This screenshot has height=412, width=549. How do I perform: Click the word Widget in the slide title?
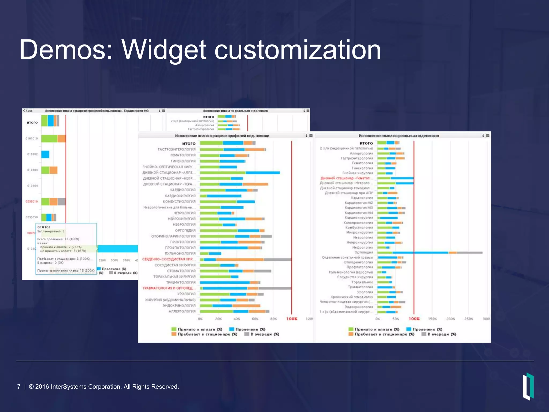point(164,50)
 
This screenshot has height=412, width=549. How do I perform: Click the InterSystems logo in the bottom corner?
point(528,386)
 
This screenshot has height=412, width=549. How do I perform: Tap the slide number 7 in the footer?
point(19,387)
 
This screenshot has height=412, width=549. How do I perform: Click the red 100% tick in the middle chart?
point(292,319)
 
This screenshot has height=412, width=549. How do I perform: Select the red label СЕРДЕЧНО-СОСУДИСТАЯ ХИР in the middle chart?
point(168,259)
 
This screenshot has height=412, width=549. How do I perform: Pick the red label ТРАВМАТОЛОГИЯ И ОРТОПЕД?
point(168,288)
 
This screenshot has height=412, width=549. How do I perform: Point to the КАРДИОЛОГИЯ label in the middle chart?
point(183,190)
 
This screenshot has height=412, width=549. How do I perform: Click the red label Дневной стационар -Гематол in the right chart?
point(345,178)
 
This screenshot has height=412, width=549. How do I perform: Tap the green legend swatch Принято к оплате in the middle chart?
point(174,329)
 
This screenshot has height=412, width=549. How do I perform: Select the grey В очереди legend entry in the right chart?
point(439,334)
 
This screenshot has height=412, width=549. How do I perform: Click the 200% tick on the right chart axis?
point(451,319)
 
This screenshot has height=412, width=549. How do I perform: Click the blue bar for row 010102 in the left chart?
point(45,154)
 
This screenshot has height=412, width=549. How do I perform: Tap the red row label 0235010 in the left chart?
point(32,201)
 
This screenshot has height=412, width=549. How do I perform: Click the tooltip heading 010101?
point(44,227)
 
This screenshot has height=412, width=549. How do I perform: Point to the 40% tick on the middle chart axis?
point(237,319)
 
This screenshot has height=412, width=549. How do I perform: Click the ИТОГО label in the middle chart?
point(189,144)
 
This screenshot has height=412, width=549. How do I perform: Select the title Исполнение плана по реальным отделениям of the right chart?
point(399,136)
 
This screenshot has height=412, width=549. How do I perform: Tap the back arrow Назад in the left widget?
point(27,111)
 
